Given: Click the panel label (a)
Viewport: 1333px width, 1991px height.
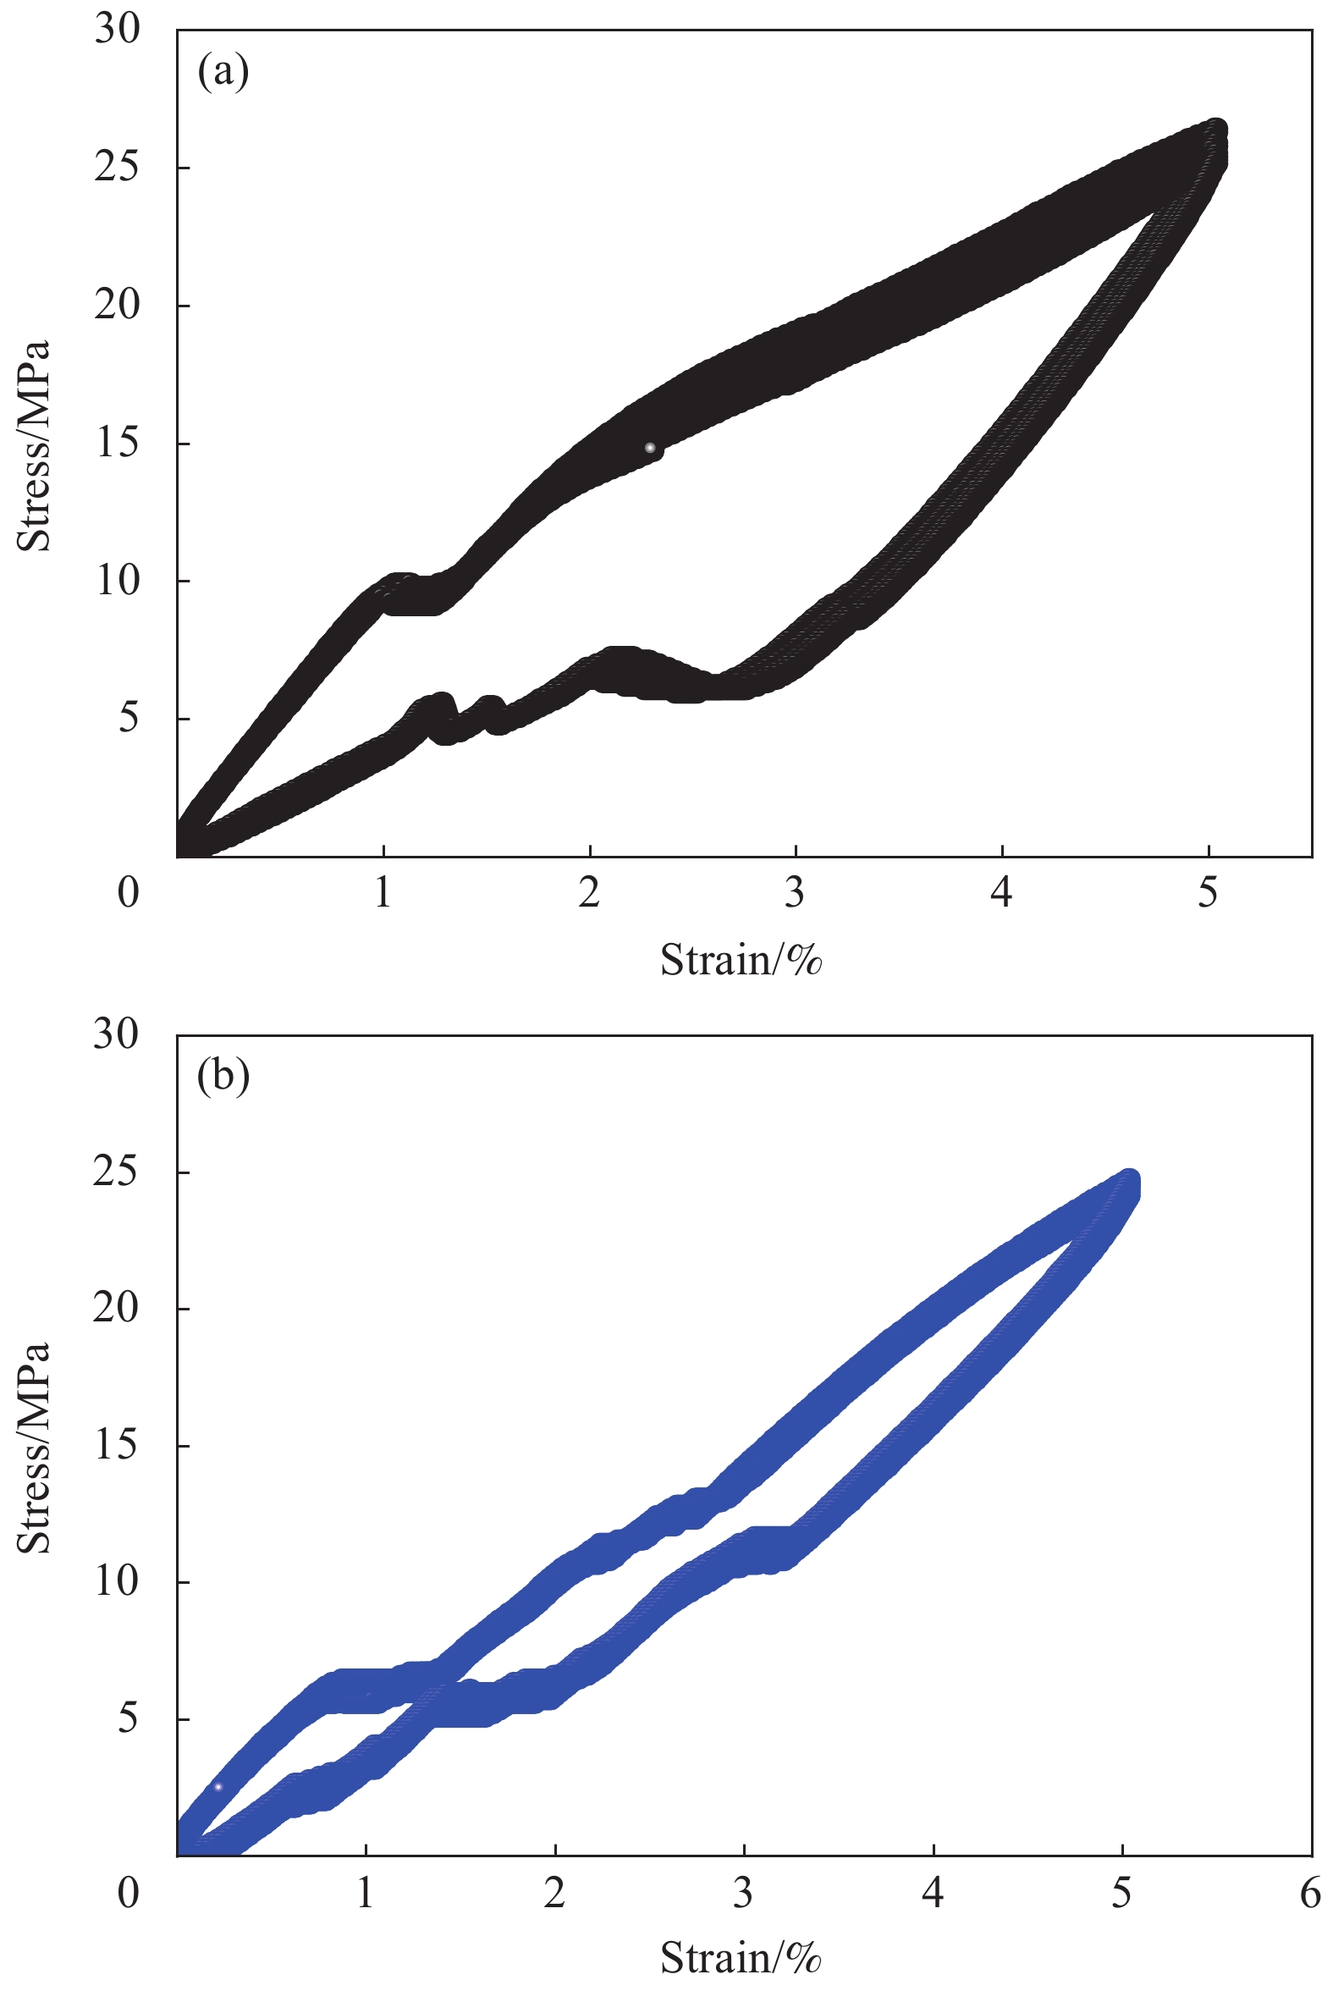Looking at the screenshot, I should click(223, 72).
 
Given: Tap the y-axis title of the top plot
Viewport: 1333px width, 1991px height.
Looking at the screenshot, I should click(34, 446).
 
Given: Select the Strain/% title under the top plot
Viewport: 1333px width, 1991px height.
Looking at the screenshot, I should click(741, 960).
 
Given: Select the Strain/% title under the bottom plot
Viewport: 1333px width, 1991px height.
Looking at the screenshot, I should click(741, 1957).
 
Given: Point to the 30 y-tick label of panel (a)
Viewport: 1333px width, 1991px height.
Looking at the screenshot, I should click(117, 30).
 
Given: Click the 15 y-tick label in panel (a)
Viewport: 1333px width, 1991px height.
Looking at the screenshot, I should click(117, 443).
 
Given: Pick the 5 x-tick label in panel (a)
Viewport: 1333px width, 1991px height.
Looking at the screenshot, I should click(1208, 892).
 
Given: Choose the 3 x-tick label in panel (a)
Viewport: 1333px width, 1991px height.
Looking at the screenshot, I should click(795, 892).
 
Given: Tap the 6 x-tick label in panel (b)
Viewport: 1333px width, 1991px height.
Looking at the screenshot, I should click(1311, 1894).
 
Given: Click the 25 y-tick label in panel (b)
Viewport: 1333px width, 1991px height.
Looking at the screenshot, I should click(117, 1172).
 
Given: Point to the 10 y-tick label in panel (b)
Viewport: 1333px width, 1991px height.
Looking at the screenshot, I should click(117, 1581).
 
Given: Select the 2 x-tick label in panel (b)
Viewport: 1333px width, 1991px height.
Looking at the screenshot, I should click(555, 1894).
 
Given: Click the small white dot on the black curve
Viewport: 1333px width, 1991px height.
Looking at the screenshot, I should click(650, 447).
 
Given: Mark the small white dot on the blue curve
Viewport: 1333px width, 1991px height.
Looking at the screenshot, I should click(218, 1787).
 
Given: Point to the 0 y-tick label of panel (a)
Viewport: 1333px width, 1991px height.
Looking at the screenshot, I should click(129, 892).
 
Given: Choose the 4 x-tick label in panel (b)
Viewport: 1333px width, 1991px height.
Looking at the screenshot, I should click(934, 1894).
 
